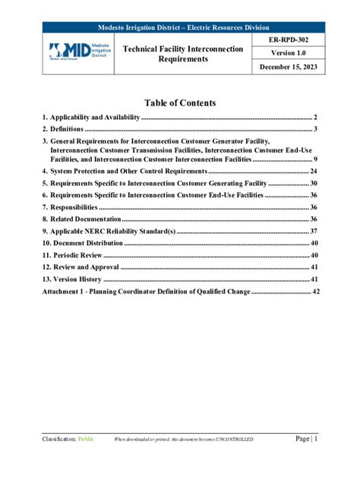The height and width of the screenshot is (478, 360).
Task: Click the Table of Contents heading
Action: pyautogui.click(x=180, y=103)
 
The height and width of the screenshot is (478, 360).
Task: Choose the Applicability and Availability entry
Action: pyautogui.click(x=91, y=118)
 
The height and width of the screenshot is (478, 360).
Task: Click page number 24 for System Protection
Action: pyautogui.click(x=313, y=172)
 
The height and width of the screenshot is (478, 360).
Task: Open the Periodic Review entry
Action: pyautogui.click(x=72, y=255)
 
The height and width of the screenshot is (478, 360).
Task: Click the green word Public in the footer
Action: pyautogui.click(x=84, y=439)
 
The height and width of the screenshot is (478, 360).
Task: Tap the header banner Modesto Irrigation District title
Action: pyautogui.click(x=180, y=27)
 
